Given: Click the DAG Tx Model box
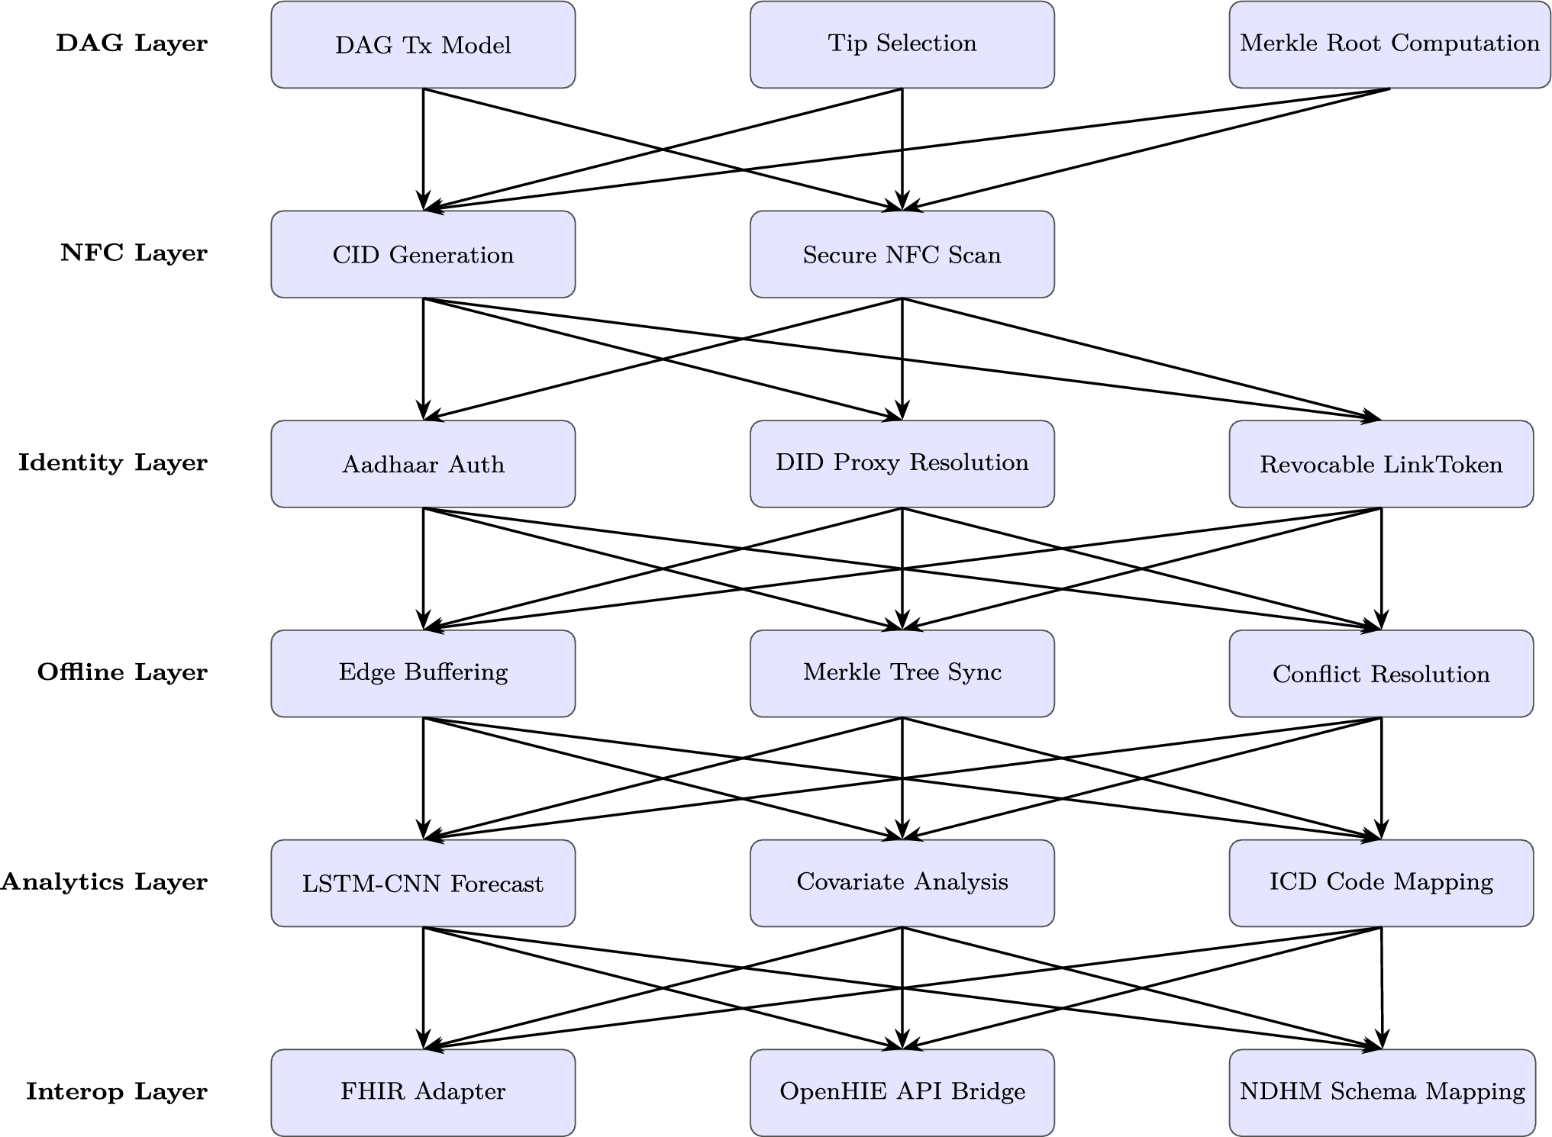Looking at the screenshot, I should pyautogui.click(x=423, y=45).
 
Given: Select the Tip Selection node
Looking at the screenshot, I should pyautogui.click(x=902, y=45).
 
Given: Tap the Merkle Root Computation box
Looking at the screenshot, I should pyautogui.click(x=1389, y=45).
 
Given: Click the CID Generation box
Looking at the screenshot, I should pyautogui.click(x=423, y=254).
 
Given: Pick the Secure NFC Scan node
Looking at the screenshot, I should pyautogui.click(x=902, y=254).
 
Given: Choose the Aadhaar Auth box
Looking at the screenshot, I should pyautogui.click(x=423, y=464).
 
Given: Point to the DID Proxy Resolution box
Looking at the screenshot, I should pyautogui.click(x=902, y=464).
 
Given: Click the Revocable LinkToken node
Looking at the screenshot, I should pyautogui.click(x=1380, y=464).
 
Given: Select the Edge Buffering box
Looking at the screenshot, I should pyautogui.click(x=423, y=673).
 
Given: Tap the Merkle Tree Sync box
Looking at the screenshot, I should pyautogui.click(x=902, y=673).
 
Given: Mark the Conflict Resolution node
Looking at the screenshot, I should pyautogui.click(x=1380, y=673).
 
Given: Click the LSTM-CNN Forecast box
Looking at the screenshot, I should pyautogui.click(x=423, y=883).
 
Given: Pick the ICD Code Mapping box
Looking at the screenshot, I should pyautogui.click(x=1380, y=883).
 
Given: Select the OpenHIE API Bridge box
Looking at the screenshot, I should pyautogui.click(x=902, y=1092).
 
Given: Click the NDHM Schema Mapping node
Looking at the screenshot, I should pyautogui.click(x=1382, y=1092).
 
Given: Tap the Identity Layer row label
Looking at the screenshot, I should pyautogui.click(x=113, y=463).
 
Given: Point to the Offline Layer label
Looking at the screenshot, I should pyautogui.click(x=122, y=673).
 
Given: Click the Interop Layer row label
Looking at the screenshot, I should pyautogui.click(x=117, y=1092).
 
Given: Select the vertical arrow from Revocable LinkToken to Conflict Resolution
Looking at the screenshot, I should pyautogui.click(x=1381, y=568).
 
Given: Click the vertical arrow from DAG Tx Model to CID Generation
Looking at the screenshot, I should pyautogui.click(x=423, y=149).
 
